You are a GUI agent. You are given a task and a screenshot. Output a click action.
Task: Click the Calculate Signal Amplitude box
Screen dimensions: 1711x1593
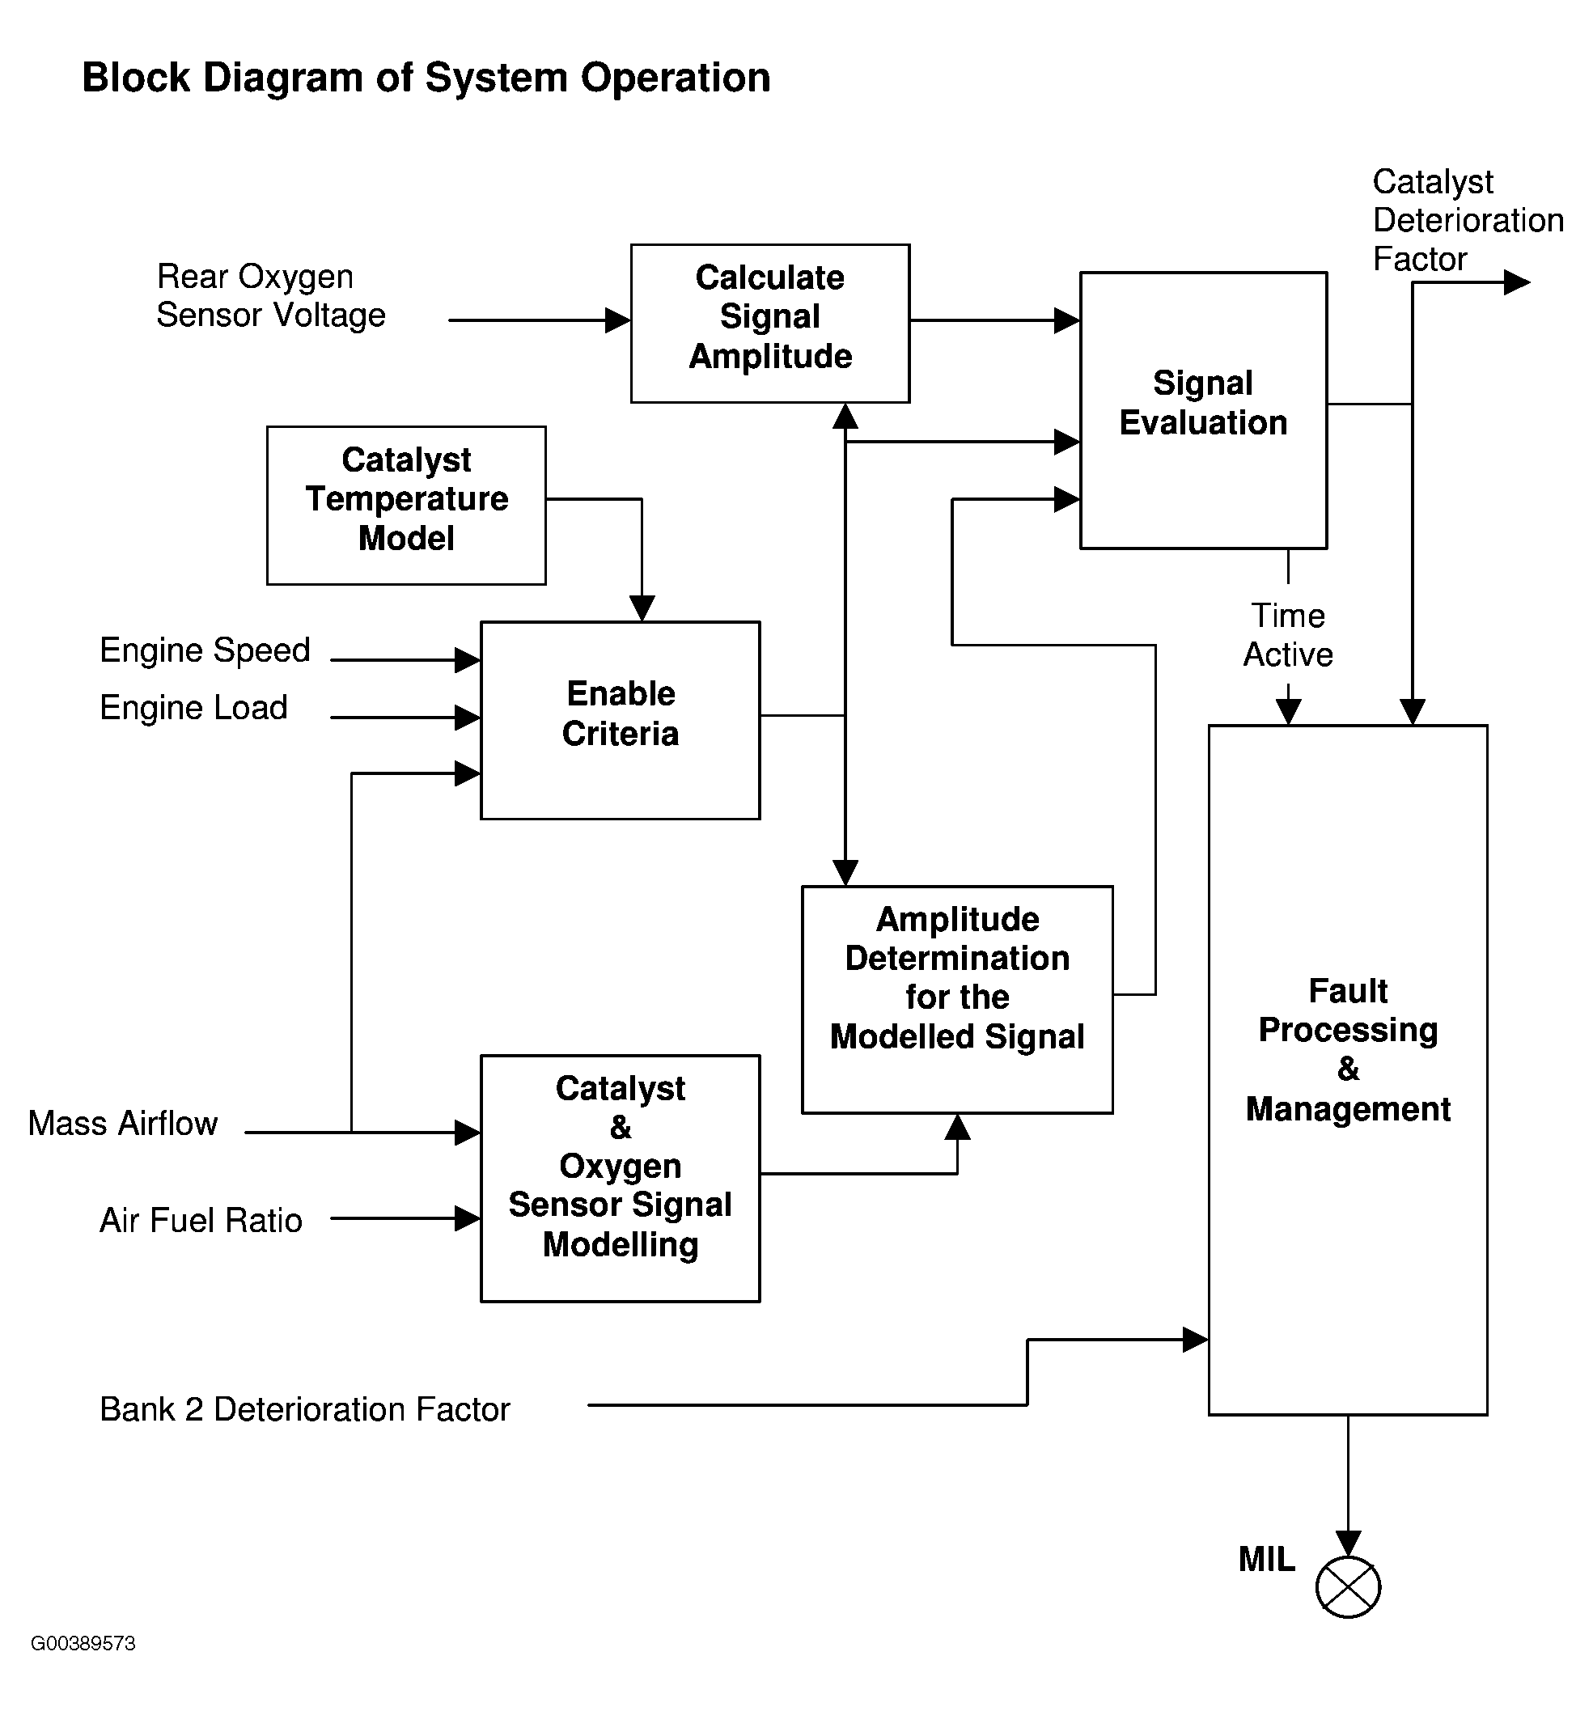(x=769, y=323)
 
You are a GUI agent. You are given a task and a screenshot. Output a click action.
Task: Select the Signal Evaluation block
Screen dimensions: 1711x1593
(x=1202, y=409)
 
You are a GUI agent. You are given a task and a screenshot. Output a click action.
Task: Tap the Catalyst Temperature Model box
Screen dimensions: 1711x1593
(x=405, y=504)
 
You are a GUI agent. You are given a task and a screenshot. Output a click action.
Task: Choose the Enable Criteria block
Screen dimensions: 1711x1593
(x=620, y=718)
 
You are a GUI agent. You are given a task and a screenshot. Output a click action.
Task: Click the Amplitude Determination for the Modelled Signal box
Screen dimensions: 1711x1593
(x=956, y=998)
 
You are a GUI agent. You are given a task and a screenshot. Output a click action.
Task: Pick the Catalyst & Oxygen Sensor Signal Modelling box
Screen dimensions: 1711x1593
(x=620, y=1176)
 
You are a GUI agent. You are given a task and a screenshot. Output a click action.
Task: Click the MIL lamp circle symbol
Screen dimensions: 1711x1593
(x=1347, y=1586)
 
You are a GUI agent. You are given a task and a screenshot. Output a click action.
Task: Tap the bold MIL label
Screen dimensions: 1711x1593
(x=1266, y=1559)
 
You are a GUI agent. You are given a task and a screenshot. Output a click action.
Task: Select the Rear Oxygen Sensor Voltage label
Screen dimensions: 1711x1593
(x=270, y=296)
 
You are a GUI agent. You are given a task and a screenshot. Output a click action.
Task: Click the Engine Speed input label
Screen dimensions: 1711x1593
(x=205, y=650)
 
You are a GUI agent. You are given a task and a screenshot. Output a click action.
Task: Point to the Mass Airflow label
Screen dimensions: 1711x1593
(x=123, y=1123)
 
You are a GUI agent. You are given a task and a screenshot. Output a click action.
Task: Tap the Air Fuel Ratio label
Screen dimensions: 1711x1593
(x=201, y=1220)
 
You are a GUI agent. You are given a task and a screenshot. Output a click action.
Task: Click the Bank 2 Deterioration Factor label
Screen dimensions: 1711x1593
(x=305, y=1409)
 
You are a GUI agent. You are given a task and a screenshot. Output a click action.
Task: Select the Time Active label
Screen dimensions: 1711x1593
(x=1287, y=635)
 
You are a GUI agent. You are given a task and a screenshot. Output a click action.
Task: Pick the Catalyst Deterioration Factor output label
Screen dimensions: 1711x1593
(x=1467, y=220)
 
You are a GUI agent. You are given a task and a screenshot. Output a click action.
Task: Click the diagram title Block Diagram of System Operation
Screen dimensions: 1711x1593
(x=426, y=78)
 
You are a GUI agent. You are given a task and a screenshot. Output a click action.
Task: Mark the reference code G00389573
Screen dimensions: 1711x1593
(x=83, y=1643)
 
